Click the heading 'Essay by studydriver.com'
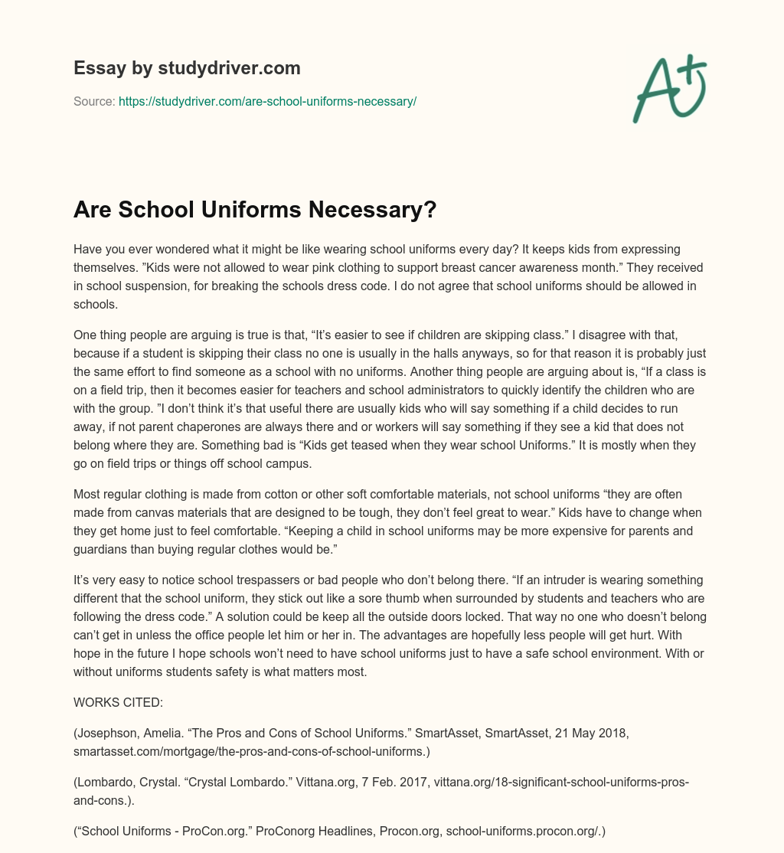(187, 68)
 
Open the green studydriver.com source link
(267, 101)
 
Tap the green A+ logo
(669, 88)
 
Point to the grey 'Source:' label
(94, 101)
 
